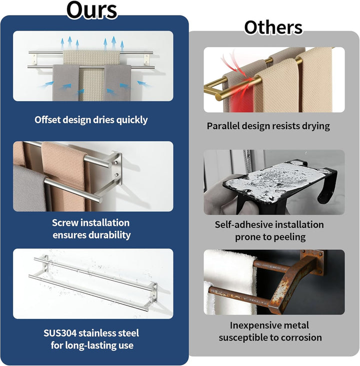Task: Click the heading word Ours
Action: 91,11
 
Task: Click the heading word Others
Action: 273,28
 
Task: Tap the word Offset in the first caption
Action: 47,120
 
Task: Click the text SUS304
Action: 60,333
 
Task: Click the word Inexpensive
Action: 251,325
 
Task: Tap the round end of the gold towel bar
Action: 218,97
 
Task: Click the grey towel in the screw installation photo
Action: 29,188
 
